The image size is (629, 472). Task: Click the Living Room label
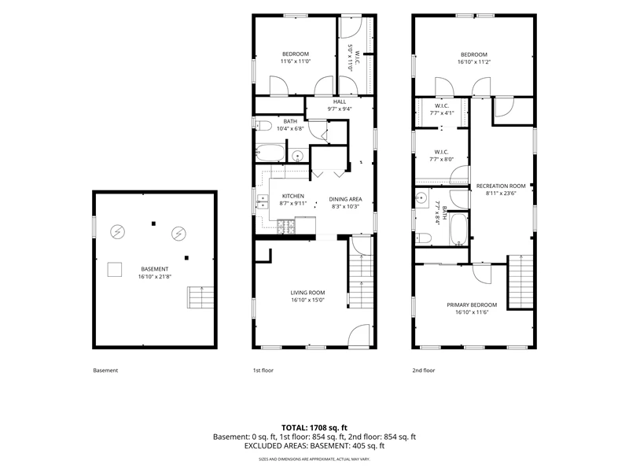coord(307,293)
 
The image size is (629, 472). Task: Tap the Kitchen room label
coord(293,196)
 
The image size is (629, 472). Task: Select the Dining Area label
coord(345,199)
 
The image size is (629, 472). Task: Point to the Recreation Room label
coord(501,186)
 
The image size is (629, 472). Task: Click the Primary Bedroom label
coord(472,304)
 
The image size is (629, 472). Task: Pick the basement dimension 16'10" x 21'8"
coord(155,277)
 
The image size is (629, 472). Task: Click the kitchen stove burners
coord(286,227)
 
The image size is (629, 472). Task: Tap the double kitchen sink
coord(263,202)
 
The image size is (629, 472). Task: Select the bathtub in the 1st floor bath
coord(270,153)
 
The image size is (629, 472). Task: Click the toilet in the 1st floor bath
coord(263,125)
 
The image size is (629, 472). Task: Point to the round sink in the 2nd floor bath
coord(421,197)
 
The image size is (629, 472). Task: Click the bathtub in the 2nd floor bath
coord(458,229)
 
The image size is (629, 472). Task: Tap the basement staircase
coord(200,297)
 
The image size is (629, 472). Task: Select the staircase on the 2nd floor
coord(520,282)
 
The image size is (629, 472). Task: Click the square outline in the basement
coord(115,270)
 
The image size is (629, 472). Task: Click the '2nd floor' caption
coord(424,371)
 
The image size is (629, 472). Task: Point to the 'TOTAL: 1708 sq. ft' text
coord(314,428)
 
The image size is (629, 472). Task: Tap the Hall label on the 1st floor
coord(340,102)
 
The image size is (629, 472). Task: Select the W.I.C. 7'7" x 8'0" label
coord(442,156)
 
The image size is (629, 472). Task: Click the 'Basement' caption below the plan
coord(105,371)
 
